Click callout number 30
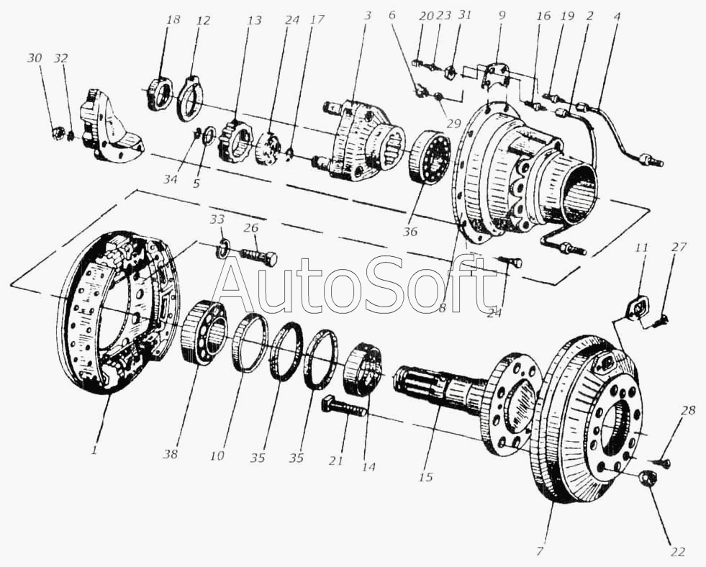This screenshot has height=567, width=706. [x=34, y=58]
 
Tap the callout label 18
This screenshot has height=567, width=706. [x=172, y=20]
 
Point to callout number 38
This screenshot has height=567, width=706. [x=171, y=455]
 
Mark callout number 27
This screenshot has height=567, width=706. [x=679, y=247]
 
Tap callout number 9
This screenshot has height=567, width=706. [x=501, y=14]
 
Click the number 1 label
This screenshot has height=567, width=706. [x=94, y=451]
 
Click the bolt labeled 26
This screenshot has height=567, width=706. [x=258, y=255]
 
